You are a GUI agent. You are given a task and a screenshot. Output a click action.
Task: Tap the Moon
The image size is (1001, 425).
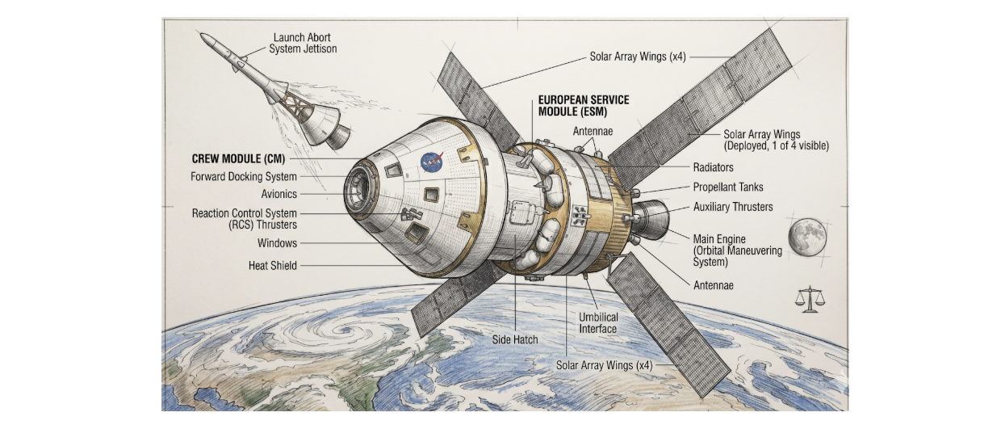point(807,238)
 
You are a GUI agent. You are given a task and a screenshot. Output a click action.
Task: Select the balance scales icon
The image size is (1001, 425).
point(811,300)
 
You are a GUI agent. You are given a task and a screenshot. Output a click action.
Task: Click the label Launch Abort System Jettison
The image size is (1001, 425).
point(303,43)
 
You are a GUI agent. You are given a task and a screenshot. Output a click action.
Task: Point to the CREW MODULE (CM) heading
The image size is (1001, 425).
point(239,159)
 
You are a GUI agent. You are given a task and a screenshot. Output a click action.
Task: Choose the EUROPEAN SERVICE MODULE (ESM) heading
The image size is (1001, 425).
point(583,105)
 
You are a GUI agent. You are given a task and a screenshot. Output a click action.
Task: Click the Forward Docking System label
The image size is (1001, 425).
point(244,177)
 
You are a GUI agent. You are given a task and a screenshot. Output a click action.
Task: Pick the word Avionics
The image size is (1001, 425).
point(279,194)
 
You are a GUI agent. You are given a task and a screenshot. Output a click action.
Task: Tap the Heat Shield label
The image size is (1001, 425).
point(273,265)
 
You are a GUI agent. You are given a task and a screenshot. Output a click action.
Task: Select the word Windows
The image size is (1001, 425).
point(277,243)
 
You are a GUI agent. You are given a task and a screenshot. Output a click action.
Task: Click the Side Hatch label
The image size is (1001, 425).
point(515,339)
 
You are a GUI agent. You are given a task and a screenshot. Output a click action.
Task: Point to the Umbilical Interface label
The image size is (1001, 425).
point(598,322)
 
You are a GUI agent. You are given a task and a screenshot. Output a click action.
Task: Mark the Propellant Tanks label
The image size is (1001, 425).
point(727,187)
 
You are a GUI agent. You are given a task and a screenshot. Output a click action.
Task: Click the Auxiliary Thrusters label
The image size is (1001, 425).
point(733,207)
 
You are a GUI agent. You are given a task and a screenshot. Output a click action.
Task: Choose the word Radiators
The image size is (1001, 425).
point(713,167)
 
